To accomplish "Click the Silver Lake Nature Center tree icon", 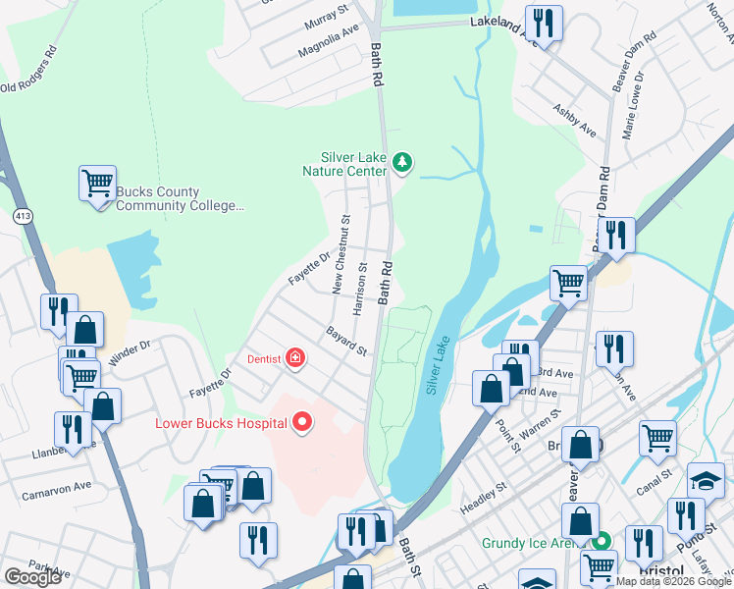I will coord(400,163).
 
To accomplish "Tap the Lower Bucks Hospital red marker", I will coord(303,422).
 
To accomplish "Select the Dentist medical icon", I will coord(294,358).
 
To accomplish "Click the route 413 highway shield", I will coord(23,214).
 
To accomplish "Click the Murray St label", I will coord(326,14).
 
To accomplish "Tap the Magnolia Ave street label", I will coord(329,37).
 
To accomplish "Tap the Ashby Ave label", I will coord(574,120).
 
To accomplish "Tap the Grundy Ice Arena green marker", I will coord(605,542).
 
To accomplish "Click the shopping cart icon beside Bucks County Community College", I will coord(97,183).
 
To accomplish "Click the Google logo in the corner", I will coord(32,577).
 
